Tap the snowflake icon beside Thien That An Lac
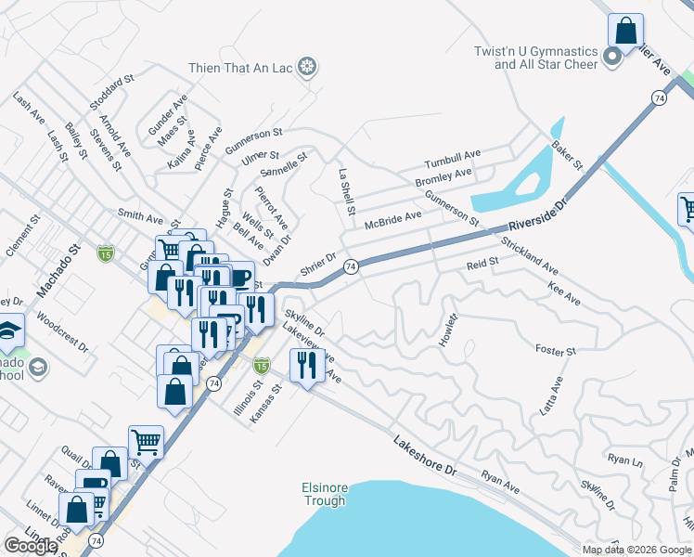tap(309, 67)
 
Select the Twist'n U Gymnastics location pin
tap(611, 58)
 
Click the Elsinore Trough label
tap(324, 494)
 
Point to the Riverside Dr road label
tap(536, 215)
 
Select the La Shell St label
tap(346, 192)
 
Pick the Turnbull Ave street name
tap(453, 156)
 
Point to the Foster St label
tap(556, 350)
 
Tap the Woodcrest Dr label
tap(62, 333)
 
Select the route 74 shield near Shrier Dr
tap(351, 266)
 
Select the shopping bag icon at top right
tap(626, 30)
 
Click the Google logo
tap(31, 546)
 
